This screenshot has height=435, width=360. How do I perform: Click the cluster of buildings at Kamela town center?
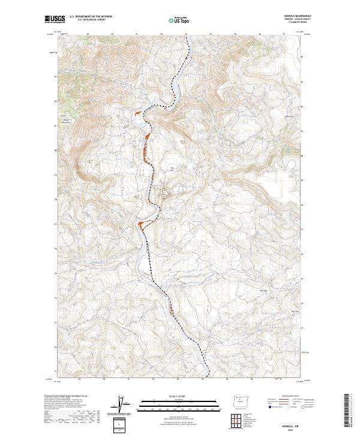pyautogui.click(x=162, y=194)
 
